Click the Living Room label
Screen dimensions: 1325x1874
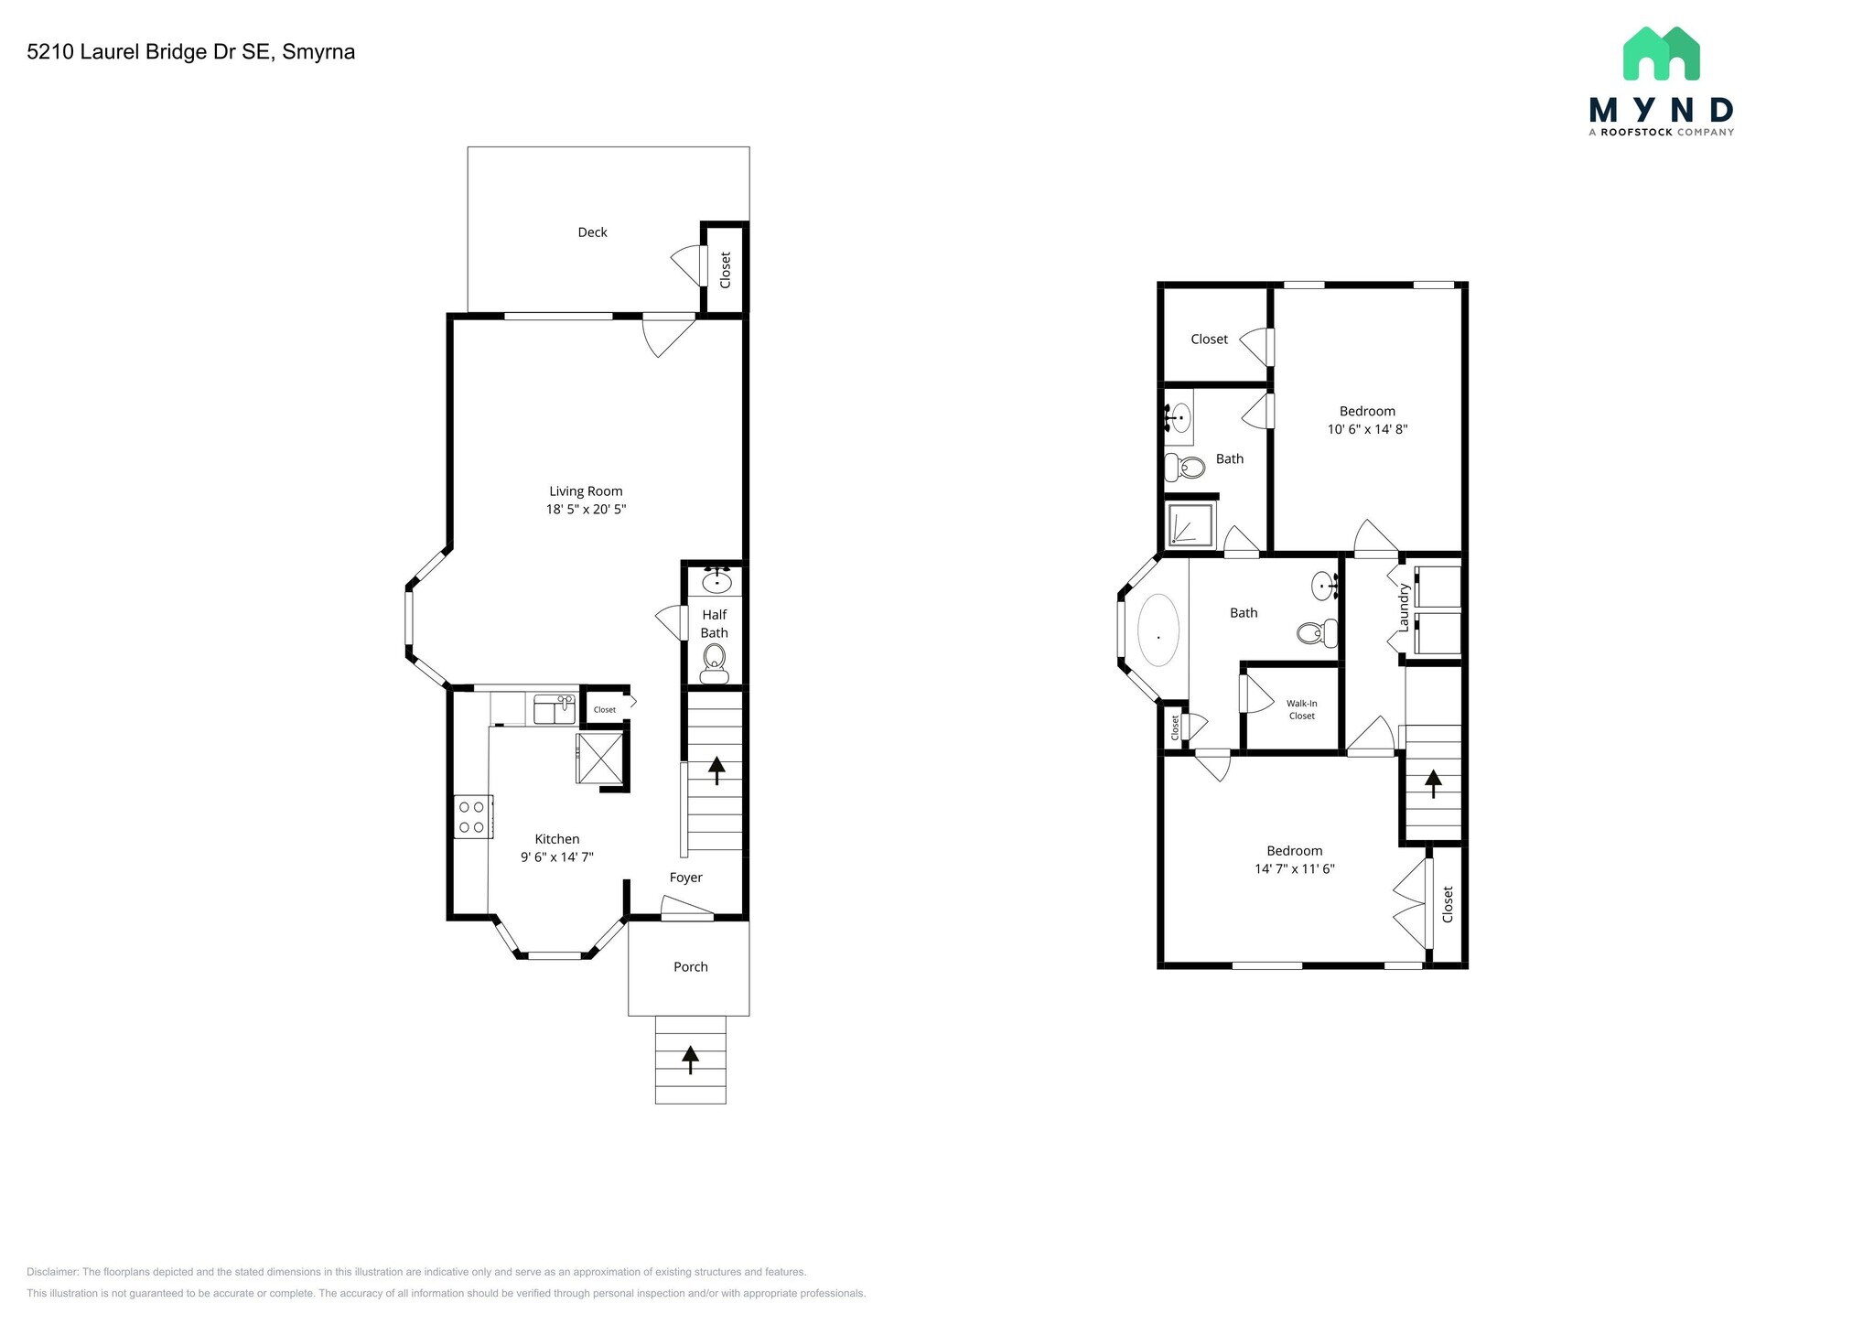586,491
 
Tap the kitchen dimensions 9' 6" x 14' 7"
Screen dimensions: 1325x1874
556,857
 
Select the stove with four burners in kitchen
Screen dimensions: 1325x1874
472,817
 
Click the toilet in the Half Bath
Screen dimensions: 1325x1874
714,662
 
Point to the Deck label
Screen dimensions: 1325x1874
592,232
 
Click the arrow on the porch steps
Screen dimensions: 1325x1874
691,1060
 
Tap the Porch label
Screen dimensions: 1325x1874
690,967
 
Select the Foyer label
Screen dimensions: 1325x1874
685,878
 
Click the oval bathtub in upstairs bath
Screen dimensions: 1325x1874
1158,630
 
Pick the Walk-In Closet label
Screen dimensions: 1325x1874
1301,710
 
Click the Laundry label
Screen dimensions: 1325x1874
1402,608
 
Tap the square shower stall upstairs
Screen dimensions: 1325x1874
1190,525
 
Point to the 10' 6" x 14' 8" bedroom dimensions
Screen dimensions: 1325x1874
1367,429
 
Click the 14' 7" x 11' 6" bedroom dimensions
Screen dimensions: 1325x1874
1294,869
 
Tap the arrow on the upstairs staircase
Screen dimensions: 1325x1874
1432,783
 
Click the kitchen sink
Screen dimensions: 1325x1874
554,708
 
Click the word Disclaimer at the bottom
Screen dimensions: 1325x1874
52,1272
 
